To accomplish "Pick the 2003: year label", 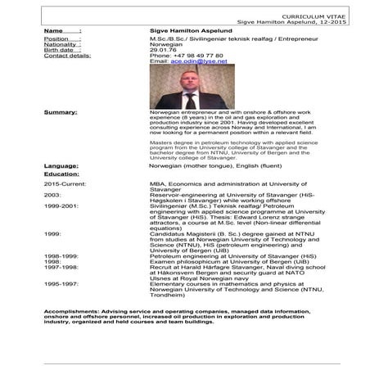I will click(x=52, y=196).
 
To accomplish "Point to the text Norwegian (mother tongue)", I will click(x=187, y=165).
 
